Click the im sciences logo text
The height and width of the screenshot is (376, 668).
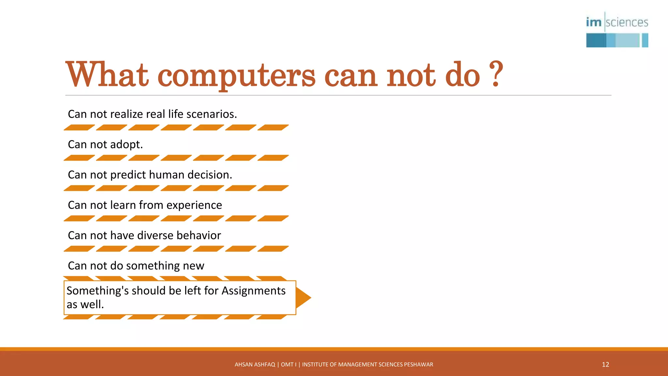pos(617,23)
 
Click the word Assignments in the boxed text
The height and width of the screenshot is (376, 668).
pos(253,290)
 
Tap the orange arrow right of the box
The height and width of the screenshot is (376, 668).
pos(303,297)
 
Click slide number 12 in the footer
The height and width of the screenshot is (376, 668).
pos(605,365)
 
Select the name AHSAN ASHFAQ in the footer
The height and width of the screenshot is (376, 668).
pos(255,365)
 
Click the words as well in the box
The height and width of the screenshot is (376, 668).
pos(85,305)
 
